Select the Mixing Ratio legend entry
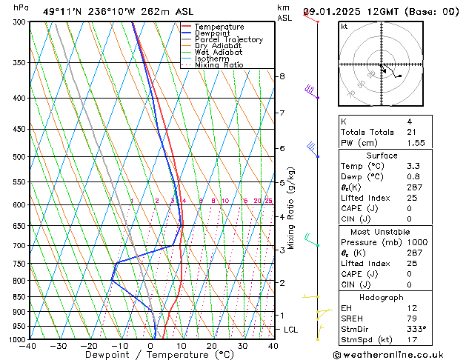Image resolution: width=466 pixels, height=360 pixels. tap(219, 65)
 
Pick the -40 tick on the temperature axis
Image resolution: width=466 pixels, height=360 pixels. tap(29, 345)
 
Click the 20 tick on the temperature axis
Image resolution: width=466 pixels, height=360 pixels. tap(212, 345)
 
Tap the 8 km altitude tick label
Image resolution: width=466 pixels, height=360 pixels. tap(282, 76)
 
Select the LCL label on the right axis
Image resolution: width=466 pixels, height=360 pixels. tap(291, 330)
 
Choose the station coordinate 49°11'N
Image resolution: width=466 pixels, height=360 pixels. tap(62, 12)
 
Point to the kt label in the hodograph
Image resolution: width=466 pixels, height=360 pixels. tap(344, 27)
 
